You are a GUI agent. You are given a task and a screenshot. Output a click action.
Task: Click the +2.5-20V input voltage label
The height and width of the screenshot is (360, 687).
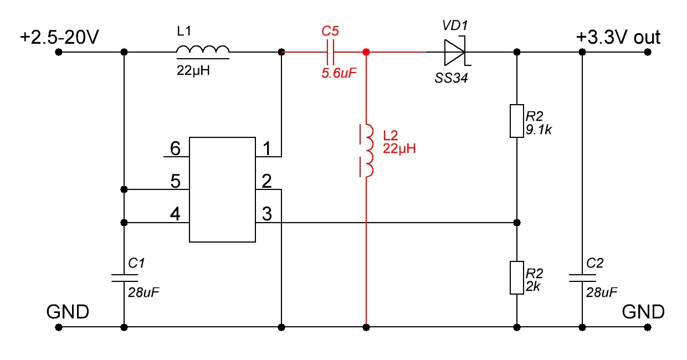[x=59, y=38]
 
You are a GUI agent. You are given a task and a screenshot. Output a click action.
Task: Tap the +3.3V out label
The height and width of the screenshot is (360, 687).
[x=618, y=38]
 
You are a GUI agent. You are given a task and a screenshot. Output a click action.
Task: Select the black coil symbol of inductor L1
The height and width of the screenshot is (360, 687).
[x=203, y=52]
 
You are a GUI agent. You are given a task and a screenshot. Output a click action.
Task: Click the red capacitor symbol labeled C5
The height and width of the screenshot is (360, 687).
[x=330, y=52]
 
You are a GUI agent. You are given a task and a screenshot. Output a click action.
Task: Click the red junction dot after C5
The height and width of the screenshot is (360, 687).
[x=366, y=52]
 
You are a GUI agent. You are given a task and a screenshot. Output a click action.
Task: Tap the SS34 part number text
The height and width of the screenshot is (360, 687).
[x=452, y=78]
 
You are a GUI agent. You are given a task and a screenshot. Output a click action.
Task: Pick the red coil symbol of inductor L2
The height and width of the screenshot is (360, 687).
[x=366, y=151]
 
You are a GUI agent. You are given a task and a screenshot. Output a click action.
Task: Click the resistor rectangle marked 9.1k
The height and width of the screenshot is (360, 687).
[x=516, y=121]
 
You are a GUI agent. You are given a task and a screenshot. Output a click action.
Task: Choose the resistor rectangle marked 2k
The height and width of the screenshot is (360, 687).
[x=516, y=277]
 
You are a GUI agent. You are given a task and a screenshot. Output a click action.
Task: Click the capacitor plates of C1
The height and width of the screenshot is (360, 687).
[x=124, y=277]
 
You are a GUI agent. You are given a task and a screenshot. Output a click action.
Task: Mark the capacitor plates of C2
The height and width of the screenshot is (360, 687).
[x=582, y=277]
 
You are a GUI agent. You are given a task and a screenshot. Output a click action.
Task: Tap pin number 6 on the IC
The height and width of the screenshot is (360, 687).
[x=175, y=148]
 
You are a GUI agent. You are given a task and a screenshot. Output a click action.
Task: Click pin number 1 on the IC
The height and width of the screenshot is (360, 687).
[x=267, y=148]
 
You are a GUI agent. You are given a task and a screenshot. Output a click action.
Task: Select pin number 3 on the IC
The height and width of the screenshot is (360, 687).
[x=267, y=214]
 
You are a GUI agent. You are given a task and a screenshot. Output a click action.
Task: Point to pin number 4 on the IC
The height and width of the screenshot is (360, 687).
[x=175, y=214]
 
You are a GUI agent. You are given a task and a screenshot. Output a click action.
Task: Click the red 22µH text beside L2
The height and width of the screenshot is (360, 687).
[x=399, y=148]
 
